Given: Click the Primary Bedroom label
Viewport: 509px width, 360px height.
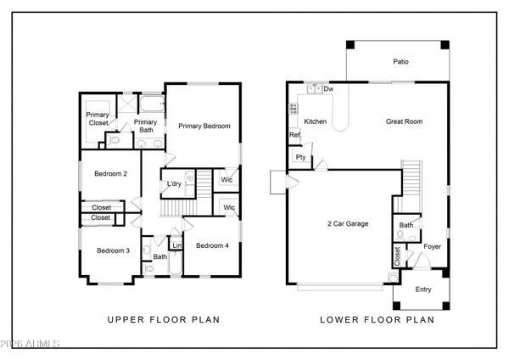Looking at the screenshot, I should tap(204, 126).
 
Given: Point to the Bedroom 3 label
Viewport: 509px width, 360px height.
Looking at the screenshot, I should tap(112, 250).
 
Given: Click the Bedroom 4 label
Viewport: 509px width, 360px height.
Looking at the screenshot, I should tap(212, 246).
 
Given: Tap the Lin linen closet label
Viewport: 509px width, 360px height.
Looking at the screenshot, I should tap(176, 246).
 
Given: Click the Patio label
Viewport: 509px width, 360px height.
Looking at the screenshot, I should tap(402, 61).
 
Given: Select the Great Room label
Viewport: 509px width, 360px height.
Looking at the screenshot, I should tap(404, 121).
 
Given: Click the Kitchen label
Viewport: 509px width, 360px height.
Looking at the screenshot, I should tap(316, 121).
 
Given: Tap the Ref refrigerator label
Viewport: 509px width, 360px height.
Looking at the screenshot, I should tap(294, 135).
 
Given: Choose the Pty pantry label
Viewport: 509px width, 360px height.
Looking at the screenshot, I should tap(300, 157).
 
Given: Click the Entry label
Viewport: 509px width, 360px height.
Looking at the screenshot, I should tap(422, 290).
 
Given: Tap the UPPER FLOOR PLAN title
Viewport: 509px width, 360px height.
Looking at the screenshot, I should tap(163, 320).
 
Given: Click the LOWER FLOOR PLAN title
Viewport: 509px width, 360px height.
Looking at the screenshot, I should tap(377, 320).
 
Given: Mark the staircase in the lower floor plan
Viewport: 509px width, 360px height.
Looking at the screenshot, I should tap(411, 178).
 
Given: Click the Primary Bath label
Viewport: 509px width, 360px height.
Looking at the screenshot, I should tap(145, 127).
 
